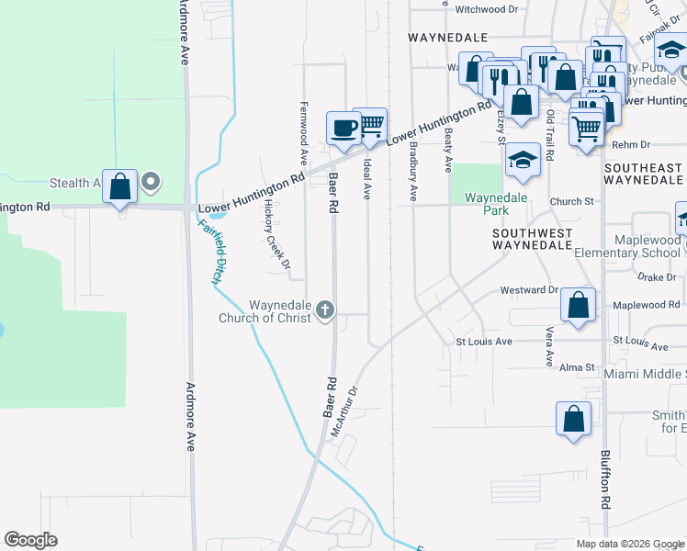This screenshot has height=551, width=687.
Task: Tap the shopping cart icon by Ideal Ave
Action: click(370, 125)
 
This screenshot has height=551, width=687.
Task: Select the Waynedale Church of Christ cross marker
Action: click(324, 311)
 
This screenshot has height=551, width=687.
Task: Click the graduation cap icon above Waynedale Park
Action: click(523, 160)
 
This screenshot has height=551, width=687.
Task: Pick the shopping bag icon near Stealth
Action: click(120, 186)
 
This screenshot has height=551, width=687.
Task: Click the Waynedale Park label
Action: click(496, 204)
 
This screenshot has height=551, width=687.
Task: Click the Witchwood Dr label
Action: click(486, 9)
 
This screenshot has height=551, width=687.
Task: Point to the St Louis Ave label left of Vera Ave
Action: click(484, 342)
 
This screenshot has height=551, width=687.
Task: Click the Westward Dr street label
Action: click(529, 290)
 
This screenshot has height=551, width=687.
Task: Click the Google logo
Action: click(30, 539)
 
